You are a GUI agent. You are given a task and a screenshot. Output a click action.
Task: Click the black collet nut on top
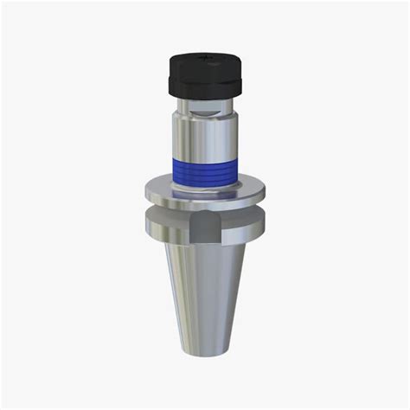tap(204, 74)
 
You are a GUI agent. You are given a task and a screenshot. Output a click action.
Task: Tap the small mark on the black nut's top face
tap(205, 56)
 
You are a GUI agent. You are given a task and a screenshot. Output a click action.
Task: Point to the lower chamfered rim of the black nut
tap(204, 93)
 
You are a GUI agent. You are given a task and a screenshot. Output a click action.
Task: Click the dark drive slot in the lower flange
tap(204, 231)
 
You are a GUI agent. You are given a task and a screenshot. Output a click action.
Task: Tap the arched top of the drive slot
tap(204, 219)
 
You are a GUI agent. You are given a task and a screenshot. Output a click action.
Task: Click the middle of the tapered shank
tap(205, 294)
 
